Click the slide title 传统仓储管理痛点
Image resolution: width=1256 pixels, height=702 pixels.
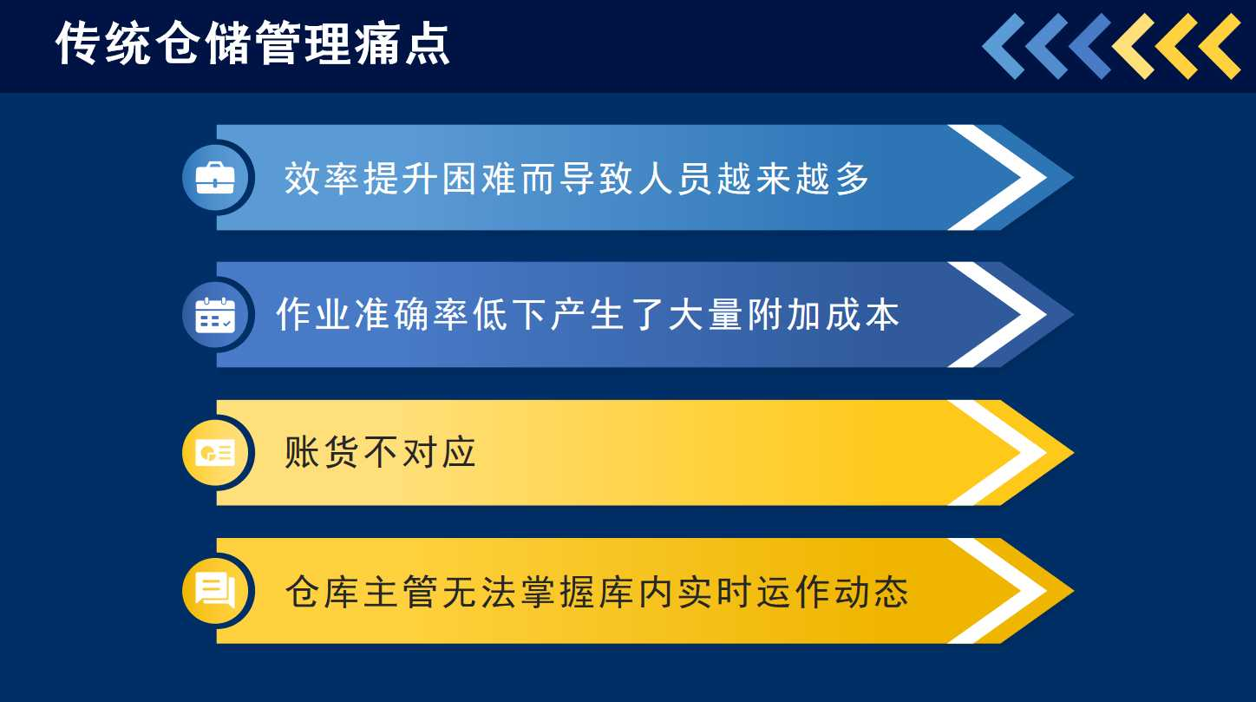click(x=252, y=43)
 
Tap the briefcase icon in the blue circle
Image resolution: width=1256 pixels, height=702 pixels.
click(x=215, y=178)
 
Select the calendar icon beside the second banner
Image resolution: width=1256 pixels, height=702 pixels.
click(x=215, y=315)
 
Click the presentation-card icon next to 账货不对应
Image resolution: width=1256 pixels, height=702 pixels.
click(x=215, y=452)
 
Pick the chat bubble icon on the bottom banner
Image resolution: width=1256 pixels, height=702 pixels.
click(x=215, y=590)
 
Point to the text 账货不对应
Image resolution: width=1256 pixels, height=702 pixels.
click(x=380, y=452)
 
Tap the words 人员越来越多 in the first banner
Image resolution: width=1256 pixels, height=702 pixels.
click(x=754, y=179)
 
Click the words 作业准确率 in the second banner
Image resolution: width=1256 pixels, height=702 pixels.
click(x=372, y=315)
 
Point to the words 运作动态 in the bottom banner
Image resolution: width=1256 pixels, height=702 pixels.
click(x=832, y=592)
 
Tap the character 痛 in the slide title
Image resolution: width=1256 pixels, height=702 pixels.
click(x=377, y=43)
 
